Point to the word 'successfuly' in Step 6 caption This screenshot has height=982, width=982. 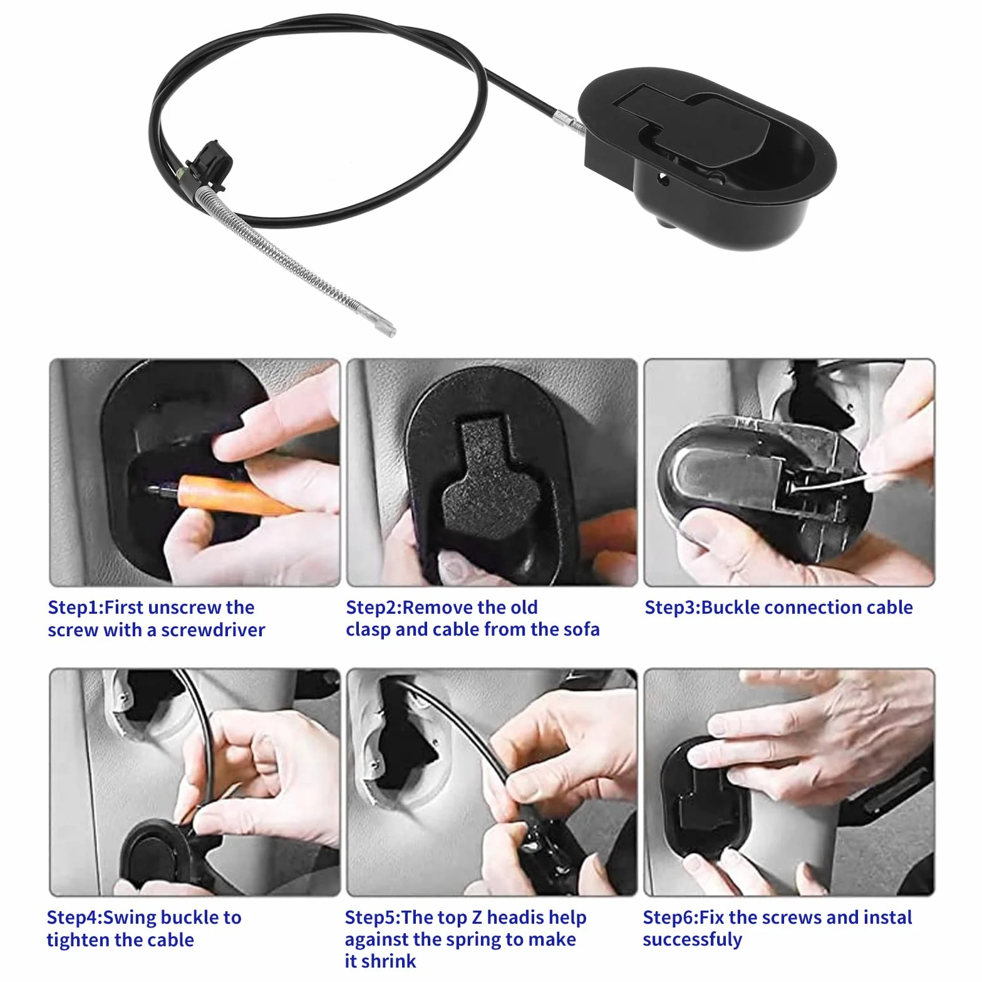tap(692, 940)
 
